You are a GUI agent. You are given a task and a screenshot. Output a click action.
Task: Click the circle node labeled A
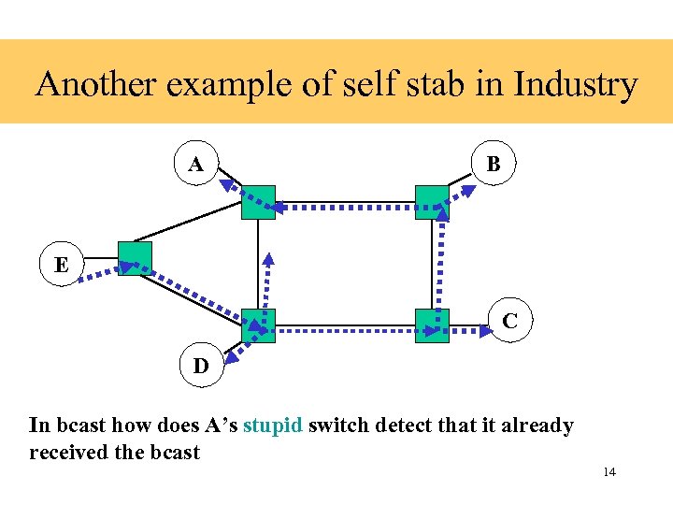pyautogui.click(x=196, y=165)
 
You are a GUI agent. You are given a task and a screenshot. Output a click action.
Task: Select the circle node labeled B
pyautogui.click(x=493, y=165)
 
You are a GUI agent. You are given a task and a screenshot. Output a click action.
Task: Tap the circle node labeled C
pyautogui.click(x=509, y=321)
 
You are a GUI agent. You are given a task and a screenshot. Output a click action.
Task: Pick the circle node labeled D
pyautogui.click(x=201, y=366)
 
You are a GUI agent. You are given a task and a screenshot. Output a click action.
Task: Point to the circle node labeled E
pyautogui.click(x=62, y=265)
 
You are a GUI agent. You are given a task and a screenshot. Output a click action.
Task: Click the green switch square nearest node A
pyautogui.click(x=258, y=202)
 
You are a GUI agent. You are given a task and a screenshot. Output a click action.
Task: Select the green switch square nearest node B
pyautogui.click(x=432, y=202)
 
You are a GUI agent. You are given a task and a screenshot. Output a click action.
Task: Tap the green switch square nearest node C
pyautogui.click(x=432, y=325)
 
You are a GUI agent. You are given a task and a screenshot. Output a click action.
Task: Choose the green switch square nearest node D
pyautogui.click(x=258, y=325)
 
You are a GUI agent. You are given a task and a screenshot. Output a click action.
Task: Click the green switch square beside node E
pyautogui.click(x=135, y=259)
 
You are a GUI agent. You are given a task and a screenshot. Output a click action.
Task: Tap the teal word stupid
pyautogui.click(x=272, y=426)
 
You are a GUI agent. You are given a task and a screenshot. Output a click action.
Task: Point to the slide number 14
pyautogui.click(x=609, y=472)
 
